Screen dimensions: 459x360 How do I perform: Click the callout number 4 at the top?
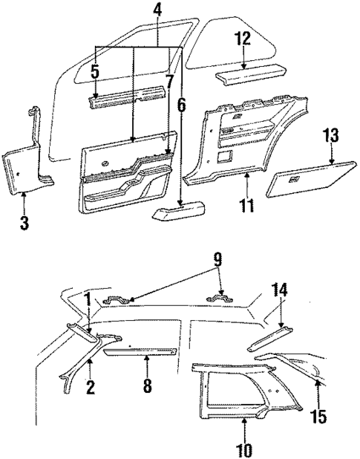(157, 11)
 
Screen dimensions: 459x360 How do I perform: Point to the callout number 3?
(24, 222)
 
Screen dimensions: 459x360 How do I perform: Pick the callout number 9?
(217, 261)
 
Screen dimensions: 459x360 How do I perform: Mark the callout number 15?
(319, 419)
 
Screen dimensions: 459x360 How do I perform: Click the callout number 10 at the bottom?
(243, 449)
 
